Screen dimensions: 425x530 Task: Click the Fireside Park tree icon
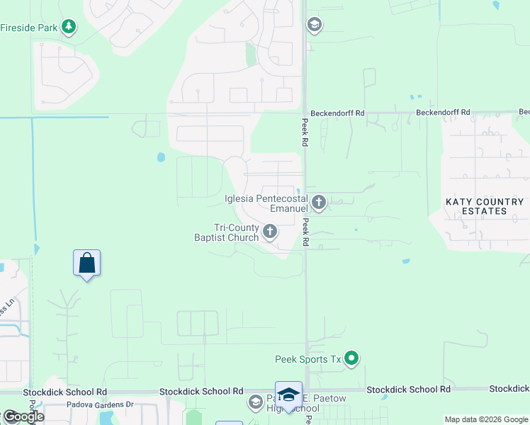pyautogui.click(x=68, y=28)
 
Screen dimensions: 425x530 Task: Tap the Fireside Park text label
pyautogui.click(x=29, y=28)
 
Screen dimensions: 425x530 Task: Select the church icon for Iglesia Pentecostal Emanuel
pyautogui.click(x=319, y=203)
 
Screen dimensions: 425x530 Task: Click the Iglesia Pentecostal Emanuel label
pyautogui.click(x=266, y=203)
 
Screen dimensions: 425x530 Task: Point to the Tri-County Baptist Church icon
pyautogui.click(x=269, y=232)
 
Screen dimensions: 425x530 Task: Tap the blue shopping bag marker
pyautogui.click(x=86, y=263)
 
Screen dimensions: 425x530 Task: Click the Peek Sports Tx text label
pyautogui.click(x=308, y=360)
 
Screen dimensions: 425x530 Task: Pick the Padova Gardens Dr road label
pyautogui.click(x=100, y=404)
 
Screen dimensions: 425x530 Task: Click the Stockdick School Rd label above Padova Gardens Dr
pyautogui.click(x=64, y=392)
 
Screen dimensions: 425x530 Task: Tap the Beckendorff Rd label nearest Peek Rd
pyautogui.click(x=337, y=113)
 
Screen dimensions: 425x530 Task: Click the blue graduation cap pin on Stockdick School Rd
pyautogui.click(x=288, y=395)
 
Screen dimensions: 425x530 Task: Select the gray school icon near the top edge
pyautogui.click(x=314, y=25)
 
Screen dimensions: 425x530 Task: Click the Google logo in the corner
pyautogui.click(x=23, y=416)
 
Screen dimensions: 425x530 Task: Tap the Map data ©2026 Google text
pyautogui.click(x=485, y=419)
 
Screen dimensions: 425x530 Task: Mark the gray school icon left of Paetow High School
pyautogui.click(x=255, y=403)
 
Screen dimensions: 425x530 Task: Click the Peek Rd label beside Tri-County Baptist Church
pyautogui.click(x=305, y=232)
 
